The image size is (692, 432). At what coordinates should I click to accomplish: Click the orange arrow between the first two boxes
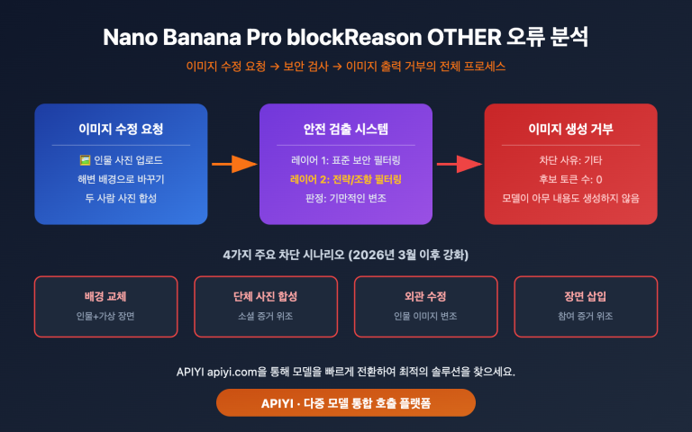(234, 164)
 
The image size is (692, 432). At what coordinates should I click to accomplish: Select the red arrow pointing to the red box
(459, 164)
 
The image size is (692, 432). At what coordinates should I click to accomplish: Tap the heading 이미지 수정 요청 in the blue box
(121, 129)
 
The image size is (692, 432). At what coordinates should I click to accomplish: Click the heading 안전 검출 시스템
(346, 129)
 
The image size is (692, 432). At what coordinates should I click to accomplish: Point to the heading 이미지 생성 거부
(570, 129)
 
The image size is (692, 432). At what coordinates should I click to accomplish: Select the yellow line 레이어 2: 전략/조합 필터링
(346, 179)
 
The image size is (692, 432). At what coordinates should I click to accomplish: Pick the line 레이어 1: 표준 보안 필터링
(346, 160)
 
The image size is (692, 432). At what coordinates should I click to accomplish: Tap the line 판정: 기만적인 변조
(346, 197)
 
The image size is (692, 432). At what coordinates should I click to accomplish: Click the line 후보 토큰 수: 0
(570, 179)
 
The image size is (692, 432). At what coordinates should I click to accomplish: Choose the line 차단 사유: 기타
(570, 160)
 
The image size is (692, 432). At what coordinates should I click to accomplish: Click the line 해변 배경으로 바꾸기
(121, 179)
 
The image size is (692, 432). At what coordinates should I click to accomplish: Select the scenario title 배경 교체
(106, 296)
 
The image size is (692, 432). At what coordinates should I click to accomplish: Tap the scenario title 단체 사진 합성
(266, 296)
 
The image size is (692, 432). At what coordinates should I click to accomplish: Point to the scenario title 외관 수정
(426, 296)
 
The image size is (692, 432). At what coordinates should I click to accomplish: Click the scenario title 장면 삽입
(586, 296)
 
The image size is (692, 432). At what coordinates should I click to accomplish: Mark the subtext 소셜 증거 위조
(266, 317)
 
